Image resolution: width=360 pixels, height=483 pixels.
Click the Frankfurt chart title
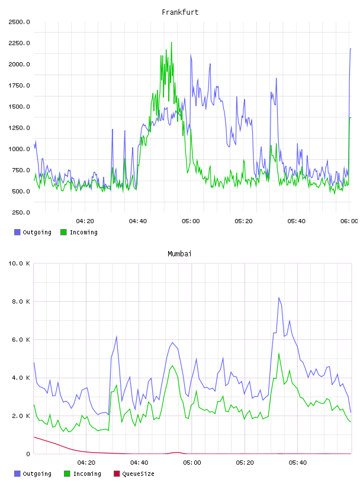(180, 12)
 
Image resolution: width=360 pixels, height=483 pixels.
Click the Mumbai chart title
(179, 254)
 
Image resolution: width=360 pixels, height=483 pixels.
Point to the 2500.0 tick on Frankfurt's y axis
(19, 22)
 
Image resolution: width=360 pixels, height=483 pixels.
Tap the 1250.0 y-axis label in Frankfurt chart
(19, 128)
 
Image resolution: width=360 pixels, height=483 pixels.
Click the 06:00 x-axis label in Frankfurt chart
(349, 221)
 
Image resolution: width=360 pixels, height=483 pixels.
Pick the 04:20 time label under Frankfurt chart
(85, 221)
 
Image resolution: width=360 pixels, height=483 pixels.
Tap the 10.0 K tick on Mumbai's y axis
(19, 263)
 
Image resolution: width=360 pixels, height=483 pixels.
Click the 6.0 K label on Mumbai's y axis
(21, 340)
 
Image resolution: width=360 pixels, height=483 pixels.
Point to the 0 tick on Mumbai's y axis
(28, 454)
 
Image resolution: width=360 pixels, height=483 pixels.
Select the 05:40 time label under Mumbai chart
(298, 463)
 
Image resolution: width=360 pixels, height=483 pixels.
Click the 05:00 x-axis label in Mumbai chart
(192, 463)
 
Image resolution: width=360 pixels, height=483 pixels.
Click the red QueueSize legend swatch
(117, 474)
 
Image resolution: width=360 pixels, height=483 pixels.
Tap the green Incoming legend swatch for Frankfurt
(63, 232)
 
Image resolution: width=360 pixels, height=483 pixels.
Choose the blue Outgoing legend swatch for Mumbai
(17, 474)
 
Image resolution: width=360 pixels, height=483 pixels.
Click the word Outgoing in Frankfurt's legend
(37, 233)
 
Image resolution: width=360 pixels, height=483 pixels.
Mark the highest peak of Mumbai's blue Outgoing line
(279, 298)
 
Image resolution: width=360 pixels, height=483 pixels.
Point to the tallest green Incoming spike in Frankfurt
(171, 43)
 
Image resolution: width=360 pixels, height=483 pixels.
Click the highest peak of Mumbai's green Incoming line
(279, 353)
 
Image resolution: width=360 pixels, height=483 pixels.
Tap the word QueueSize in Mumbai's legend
(139, 474)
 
